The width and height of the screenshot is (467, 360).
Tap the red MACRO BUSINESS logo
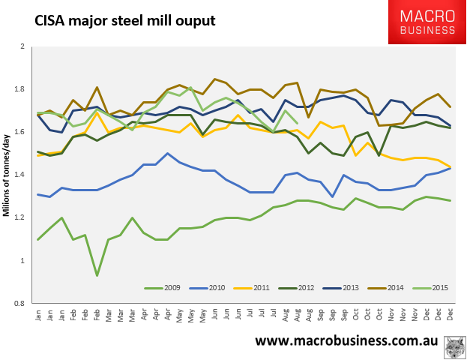tap(425, 22)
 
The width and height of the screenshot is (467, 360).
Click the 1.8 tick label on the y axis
tap(19, 89)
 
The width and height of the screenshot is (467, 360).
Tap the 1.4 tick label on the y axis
tap(19, 175)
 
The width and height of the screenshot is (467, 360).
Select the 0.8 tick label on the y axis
tap(19, 304)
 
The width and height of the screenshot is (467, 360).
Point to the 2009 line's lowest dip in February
tap(96, 275)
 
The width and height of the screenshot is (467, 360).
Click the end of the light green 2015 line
tap(298, 123)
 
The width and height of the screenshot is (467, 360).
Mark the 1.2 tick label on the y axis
tap(19, 218)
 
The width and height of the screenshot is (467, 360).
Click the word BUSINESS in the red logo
tap(425, 31)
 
